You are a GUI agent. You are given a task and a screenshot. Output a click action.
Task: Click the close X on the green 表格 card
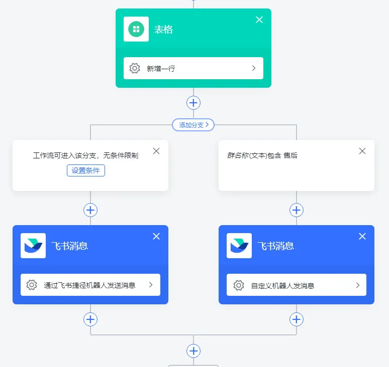click(259, 20)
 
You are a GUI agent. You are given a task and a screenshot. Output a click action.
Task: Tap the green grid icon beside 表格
click(136, 29)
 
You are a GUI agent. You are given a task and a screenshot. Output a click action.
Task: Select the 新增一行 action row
click(193, 68)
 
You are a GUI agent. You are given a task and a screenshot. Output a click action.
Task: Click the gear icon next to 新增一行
click(135, 68)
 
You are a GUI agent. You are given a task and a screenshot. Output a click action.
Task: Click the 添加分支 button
click(193, 125)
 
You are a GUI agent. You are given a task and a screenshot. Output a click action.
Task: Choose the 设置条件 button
click(86, 170)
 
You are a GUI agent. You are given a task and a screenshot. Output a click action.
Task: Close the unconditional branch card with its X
click(156, 151)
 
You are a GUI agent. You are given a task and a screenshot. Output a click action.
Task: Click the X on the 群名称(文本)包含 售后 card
click(362, 151)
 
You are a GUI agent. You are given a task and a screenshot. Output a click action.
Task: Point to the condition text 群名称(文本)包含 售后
click(262, 155)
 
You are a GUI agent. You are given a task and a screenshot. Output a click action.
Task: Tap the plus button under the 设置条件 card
click(90, 210)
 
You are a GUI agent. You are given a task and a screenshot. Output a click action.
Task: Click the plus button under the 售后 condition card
click(297, 210)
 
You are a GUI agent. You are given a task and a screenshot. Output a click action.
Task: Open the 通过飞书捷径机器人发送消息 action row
click(90, 285)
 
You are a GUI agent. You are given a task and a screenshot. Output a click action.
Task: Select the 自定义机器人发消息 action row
click(297, 285)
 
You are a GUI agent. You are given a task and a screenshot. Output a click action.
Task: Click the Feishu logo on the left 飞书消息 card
click(33, 246)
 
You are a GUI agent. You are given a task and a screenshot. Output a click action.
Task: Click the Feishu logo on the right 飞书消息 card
click(239, 246)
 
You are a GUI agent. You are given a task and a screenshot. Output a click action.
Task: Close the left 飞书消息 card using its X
click(156, 236)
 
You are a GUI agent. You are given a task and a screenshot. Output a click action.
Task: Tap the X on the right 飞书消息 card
click(362, 236)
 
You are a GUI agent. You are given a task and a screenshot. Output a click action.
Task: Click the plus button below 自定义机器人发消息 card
click(297, 319)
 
